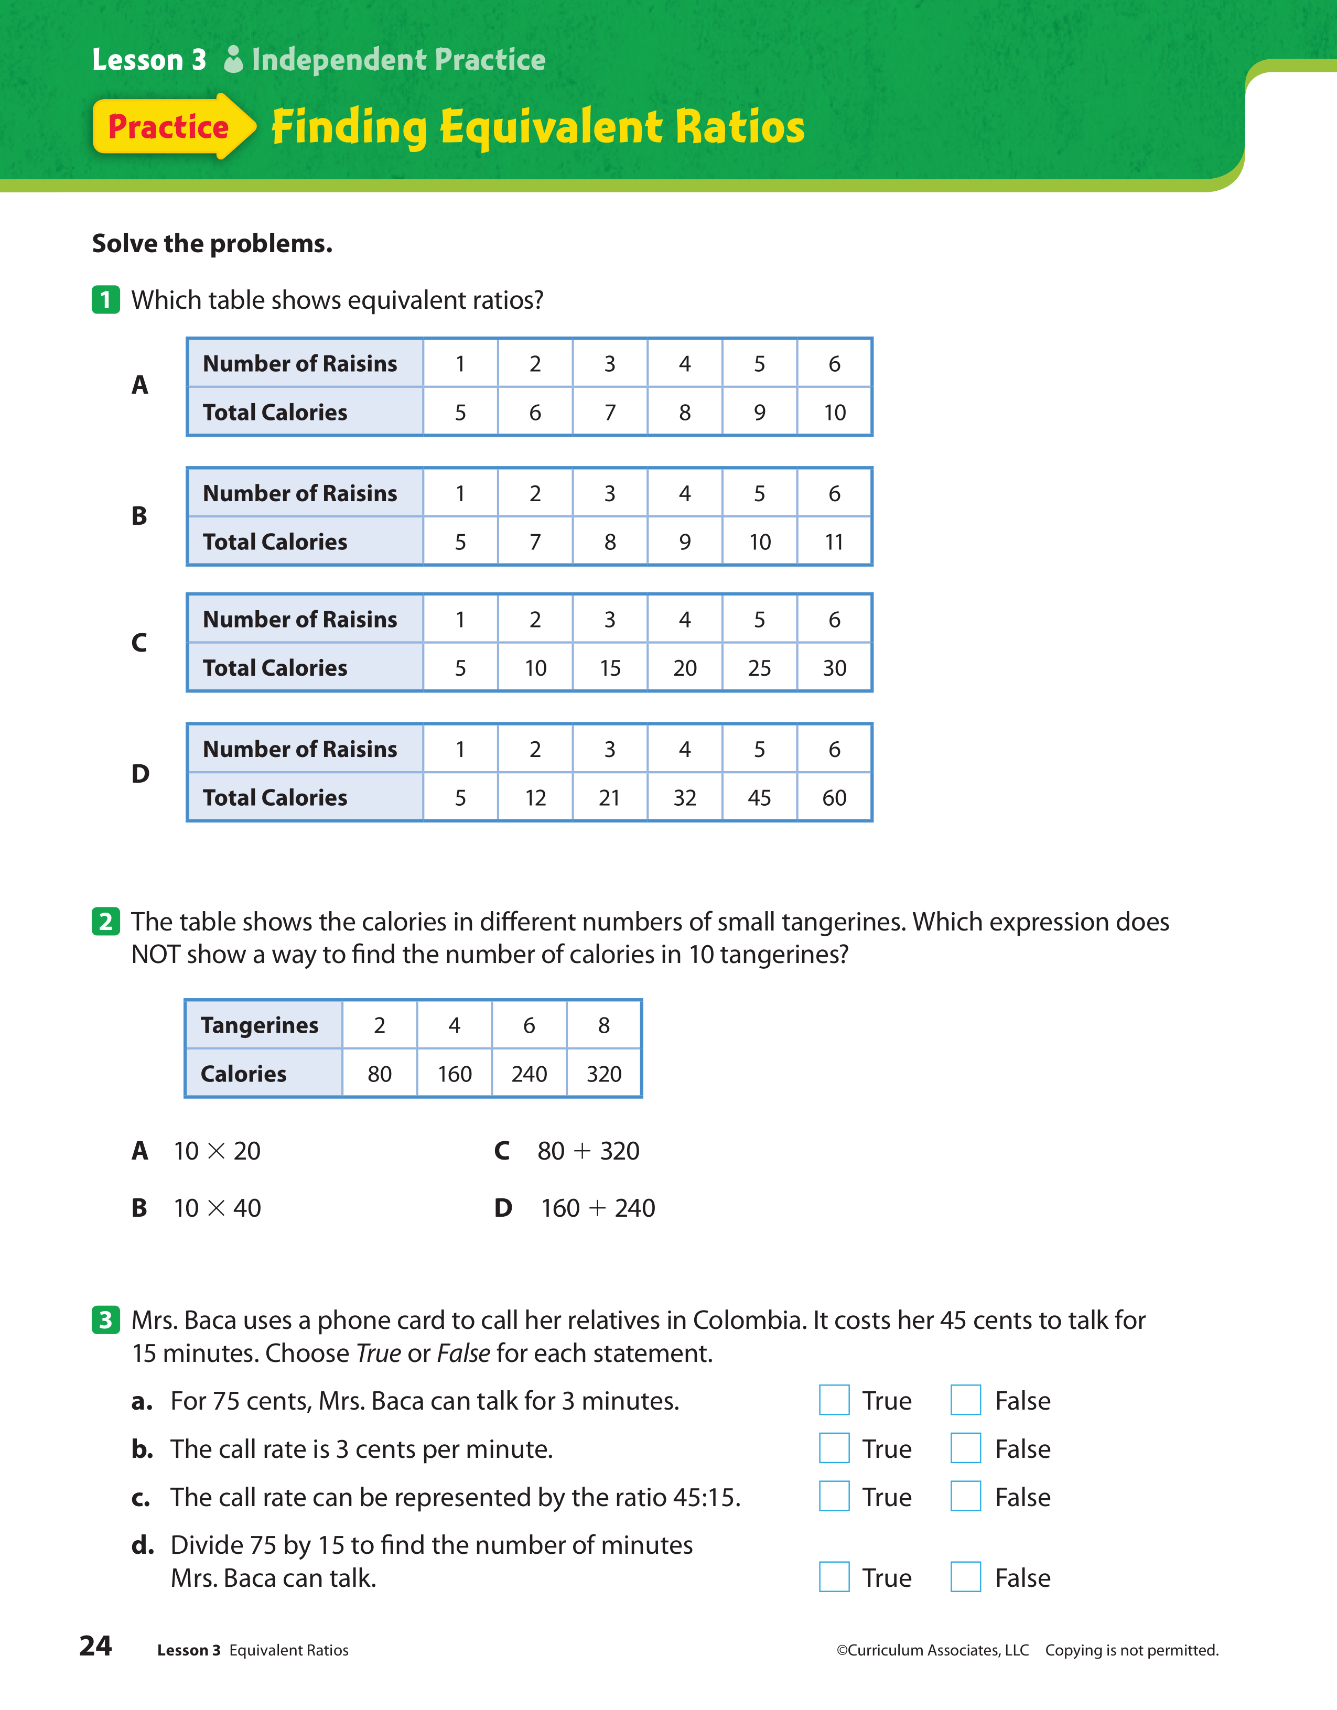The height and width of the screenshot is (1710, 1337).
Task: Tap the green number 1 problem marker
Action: [x=106, y=300]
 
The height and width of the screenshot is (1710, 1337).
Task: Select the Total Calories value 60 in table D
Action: [x=834, y=798]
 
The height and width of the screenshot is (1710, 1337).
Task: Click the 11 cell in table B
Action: [x=834, y=542]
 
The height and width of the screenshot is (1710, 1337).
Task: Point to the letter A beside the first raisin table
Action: [x=139, y=385]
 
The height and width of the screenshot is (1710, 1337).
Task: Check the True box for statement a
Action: [x=834, y=1400]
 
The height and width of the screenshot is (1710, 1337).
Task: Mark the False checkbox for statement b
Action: [x=966, y=1448]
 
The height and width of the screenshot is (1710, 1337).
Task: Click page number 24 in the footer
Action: [x=95, y=1646]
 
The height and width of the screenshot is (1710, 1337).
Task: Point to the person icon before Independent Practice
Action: [x=233, y=60]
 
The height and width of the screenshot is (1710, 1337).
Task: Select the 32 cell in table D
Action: [x=685, y=798]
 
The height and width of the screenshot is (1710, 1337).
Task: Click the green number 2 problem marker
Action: [x=106, y=922]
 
